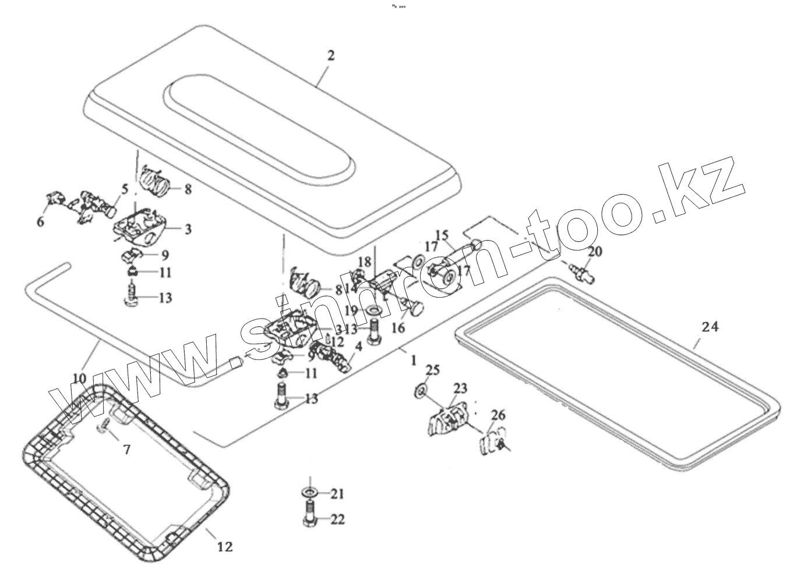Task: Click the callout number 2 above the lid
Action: click(x=331, y=56)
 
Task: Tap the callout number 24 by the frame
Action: click(x=710, y=327)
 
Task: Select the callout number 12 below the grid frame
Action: click(x=225, y=546)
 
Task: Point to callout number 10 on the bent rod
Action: click(x=79, y=379)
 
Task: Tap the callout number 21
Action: click(x=337, y=494)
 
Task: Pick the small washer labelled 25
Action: click(x=419, y=389)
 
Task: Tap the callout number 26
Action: click(x=498, y=415)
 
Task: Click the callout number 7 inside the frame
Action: click(x=126, y=449)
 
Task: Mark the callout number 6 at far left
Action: click(x=40, y=222)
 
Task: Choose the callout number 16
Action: click(x=398, y=328)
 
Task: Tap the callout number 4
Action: click(x=358, y=346)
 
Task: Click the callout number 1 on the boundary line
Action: click(x=413, y=361)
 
